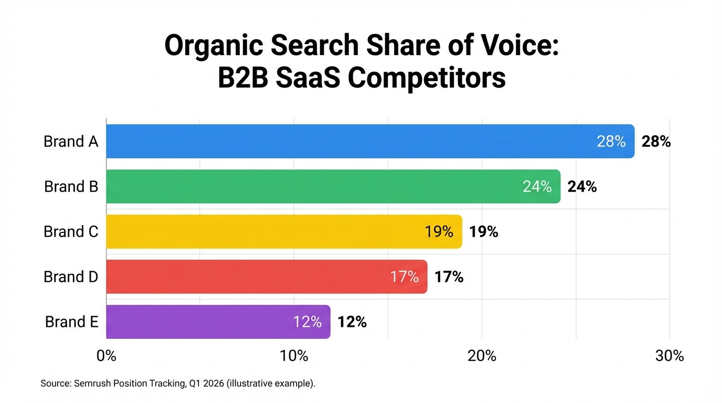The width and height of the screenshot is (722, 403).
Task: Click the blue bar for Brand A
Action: pos(367,141)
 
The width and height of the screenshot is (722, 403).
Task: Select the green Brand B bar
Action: pos(331,186)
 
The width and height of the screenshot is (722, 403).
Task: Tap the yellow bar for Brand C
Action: pos(283,231)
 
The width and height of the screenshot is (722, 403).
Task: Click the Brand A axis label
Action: pos(71,141)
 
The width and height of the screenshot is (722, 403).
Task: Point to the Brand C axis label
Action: pos(71,231)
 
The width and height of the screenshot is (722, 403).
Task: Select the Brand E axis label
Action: pos(72,322)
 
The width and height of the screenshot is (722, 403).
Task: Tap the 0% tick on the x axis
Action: pos(107,356)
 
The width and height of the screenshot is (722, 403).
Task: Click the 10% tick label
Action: pos(294,356)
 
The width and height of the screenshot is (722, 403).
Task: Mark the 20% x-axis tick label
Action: pos(482,356)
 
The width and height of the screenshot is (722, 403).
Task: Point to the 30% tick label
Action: pos(670,356)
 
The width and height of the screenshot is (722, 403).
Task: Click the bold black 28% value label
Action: pos(656,142)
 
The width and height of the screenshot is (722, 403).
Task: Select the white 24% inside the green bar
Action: pos(537,187)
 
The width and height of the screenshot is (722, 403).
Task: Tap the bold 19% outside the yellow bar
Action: pos(484,232)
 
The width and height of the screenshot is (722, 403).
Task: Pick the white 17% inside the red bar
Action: pos(405,277)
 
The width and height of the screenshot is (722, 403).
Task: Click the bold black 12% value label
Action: pos(352,322)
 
